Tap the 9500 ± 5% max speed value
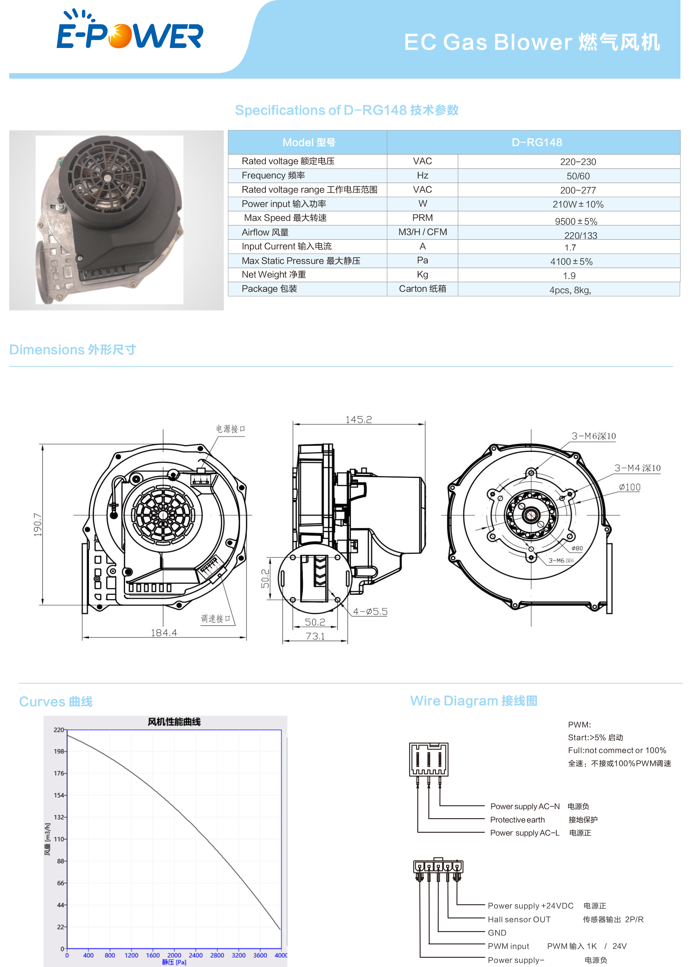pos(576,221)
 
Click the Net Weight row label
pos(273,274)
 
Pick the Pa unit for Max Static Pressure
pos(422,260)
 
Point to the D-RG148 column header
pos(537,142)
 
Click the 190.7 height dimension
pos(38,524)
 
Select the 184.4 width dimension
pos(164,632)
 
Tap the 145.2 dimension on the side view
pos(358,420)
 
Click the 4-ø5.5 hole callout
pos(370,612)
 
